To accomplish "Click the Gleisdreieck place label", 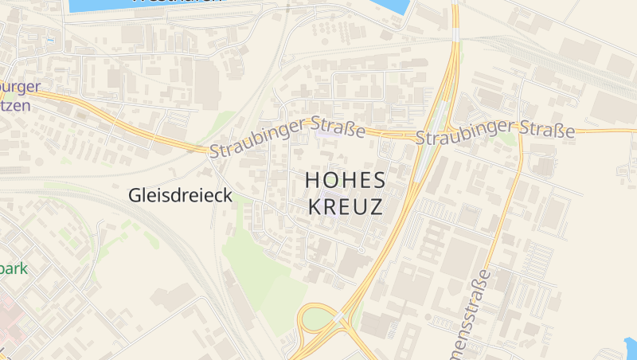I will pyautogui.click(x=181, y=195).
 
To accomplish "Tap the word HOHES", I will pyautogui.click(x=345, y=181).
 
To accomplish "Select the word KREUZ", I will pyautogui.click(x=345, y=207).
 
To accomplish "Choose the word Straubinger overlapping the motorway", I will pyautogui.click(x=466, y=133).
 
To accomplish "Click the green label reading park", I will pyautogui.click(x=14, y=268).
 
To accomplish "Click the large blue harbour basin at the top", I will pyautogui.click(x=239, y=6).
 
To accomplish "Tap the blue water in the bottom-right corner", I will pyautogui.click(x=629, y=349).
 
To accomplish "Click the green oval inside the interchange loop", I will pyautogui.click(x=318, y=319).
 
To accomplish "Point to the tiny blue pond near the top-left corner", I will pyautogui.click(x=51, y=40).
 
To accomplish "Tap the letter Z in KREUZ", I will pyautogui.click(x=374, y=207).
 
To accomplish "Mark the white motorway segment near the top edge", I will pyautogui.click(x=455, y=35).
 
